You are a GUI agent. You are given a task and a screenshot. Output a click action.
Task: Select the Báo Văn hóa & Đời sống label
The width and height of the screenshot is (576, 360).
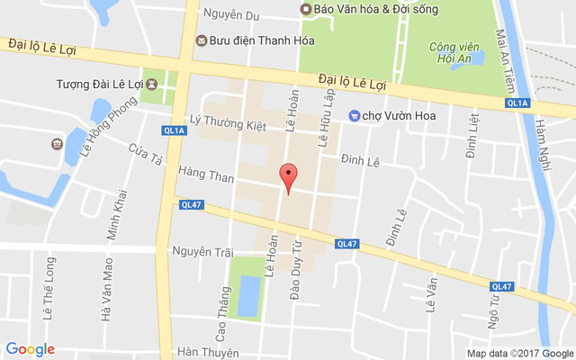[365, 9]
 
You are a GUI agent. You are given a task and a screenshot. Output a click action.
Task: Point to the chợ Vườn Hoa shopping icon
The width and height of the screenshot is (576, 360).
[355, 114]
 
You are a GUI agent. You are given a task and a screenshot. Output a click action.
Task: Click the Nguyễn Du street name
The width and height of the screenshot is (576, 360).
[231, 15]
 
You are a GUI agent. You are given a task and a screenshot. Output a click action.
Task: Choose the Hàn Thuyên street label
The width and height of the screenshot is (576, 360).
[208, 352]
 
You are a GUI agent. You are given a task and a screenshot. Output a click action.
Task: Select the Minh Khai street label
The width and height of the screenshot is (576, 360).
[114, 213]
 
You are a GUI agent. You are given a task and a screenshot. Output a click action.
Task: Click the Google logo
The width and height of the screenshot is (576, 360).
[30, 349]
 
